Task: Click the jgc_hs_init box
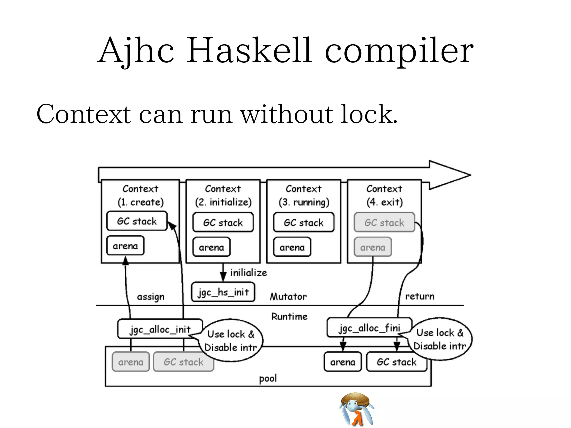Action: [223, 292]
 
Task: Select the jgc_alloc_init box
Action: [160, 329]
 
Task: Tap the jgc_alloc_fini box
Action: [369, 328]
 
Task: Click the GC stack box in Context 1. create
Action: [137, 221]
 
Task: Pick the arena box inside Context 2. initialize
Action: [211, 247]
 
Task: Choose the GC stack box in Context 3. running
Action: [304, 222]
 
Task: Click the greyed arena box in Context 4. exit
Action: [372, 247]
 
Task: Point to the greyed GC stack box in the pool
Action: [183, 362]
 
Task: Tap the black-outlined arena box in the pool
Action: [343, 362]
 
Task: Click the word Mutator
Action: [288, 296]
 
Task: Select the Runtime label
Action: [289, 316]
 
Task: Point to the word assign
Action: [151, 297]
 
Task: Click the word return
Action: [420, 296]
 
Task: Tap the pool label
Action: [268, 378]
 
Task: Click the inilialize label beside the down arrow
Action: [248, 273]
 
